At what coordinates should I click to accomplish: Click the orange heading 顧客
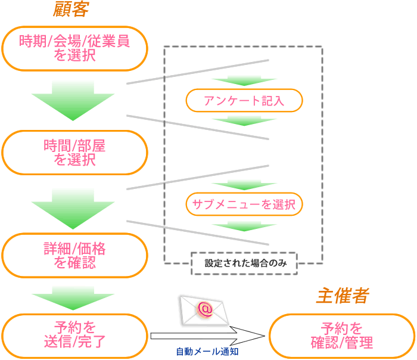tap(71, 9)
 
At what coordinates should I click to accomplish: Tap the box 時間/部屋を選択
tap(74, 152)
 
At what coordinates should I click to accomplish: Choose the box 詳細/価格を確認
tap(74, 255)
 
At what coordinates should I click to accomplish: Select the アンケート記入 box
tap(244, 101)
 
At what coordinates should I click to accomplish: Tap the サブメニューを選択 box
tap(244, 204)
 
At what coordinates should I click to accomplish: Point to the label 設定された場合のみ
tap(244, 263)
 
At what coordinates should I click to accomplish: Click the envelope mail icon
tap(204, 310)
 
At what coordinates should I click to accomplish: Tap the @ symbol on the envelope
tap(204, 309)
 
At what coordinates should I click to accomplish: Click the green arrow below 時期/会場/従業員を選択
tap(73, 101)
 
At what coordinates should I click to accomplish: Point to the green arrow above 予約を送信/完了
tap(73, 297)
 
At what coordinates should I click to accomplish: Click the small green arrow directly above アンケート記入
tap(244, 81)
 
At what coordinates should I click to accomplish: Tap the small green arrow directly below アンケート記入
tap(244, 120)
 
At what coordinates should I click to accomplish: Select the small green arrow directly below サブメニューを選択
tap(244, 226)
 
